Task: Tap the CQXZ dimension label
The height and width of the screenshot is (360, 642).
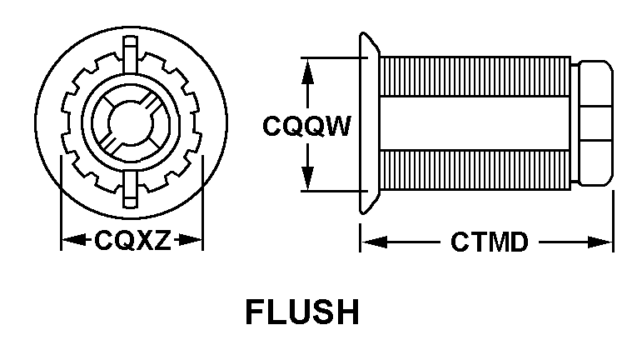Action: point(132,242)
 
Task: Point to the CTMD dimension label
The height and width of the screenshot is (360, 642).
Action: point(489,242)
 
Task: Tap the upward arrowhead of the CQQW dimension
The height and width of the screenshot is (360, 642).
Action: point(309,67)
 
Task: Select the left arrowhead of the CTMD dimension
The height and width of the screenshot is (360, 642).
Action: point(369,242)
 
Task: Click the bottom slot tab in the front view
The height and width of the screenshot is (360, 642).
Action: point(132,187)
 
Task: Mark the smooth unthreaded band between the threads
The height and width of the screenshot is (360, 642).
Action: point(475,123)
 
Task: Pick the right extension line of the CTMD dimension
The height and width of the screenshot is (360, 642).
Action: point(613,221)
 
